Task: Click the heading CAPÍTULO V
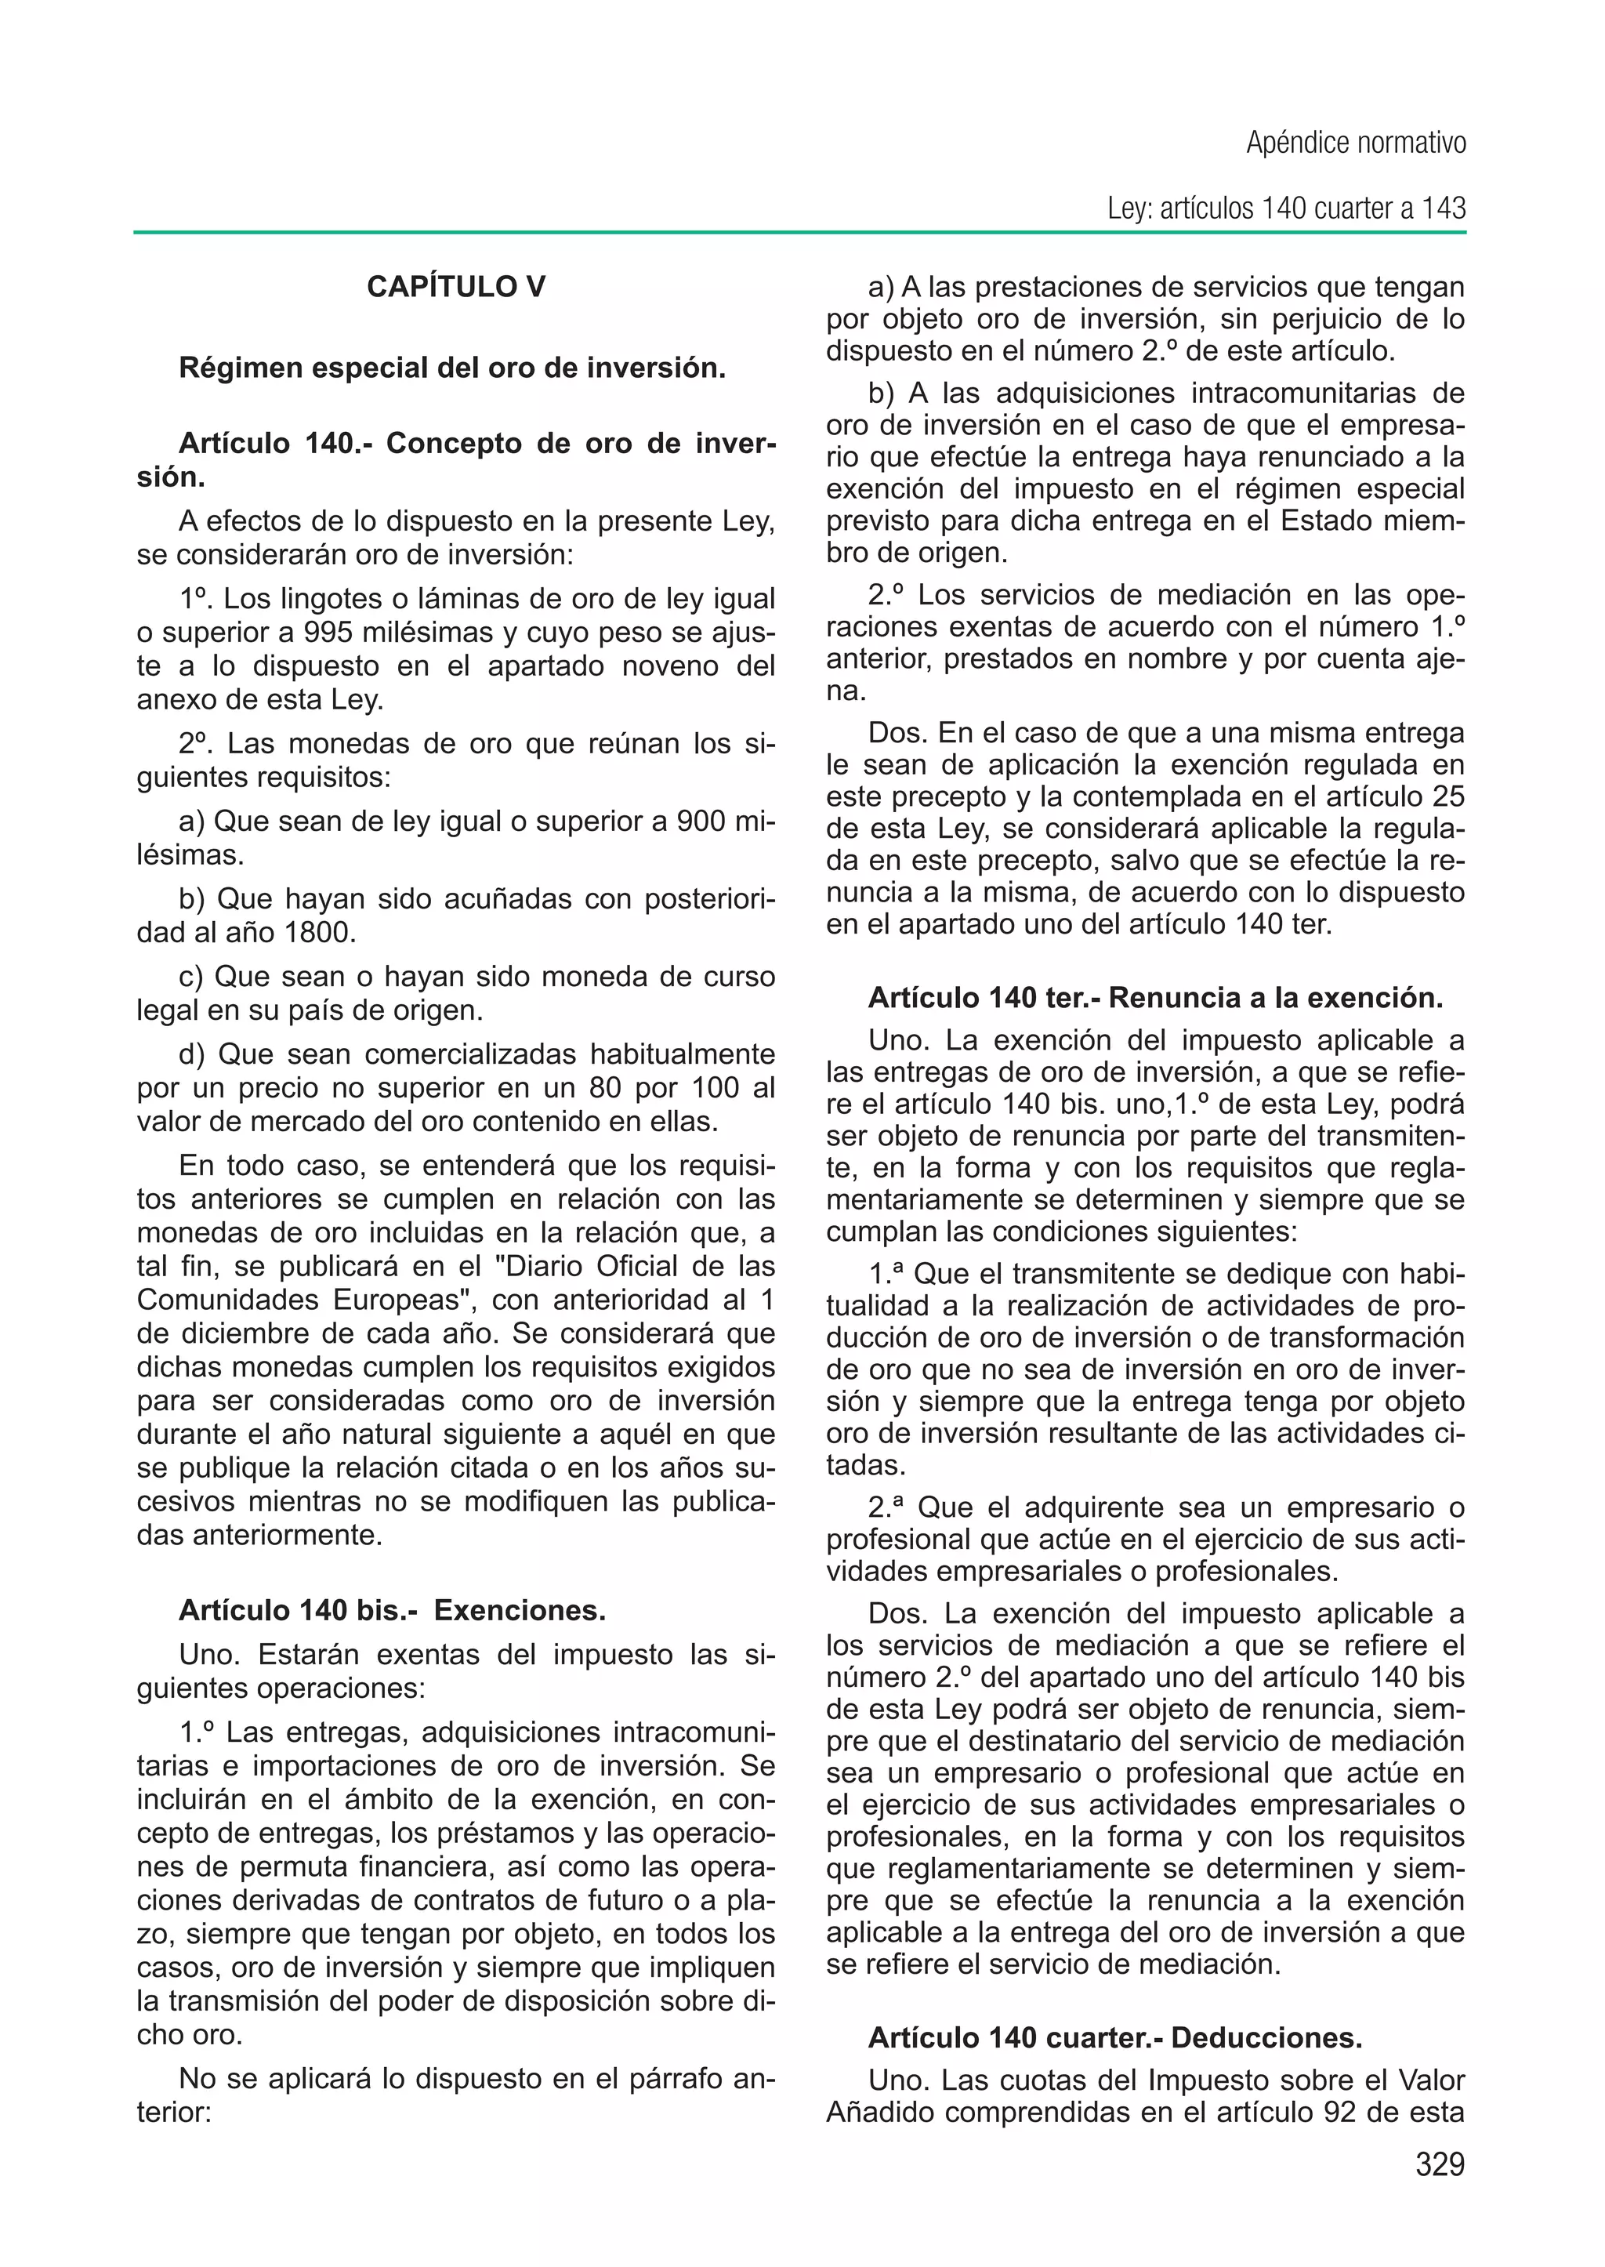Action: (x=455, y=287)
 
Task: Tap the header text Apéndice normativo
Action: (x=1355, y=143)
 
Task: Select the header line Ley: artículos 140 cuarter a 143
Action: (x=1286, y=209)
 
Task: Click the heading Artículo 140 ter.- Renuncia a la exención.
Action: (x=1154, y=998)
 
